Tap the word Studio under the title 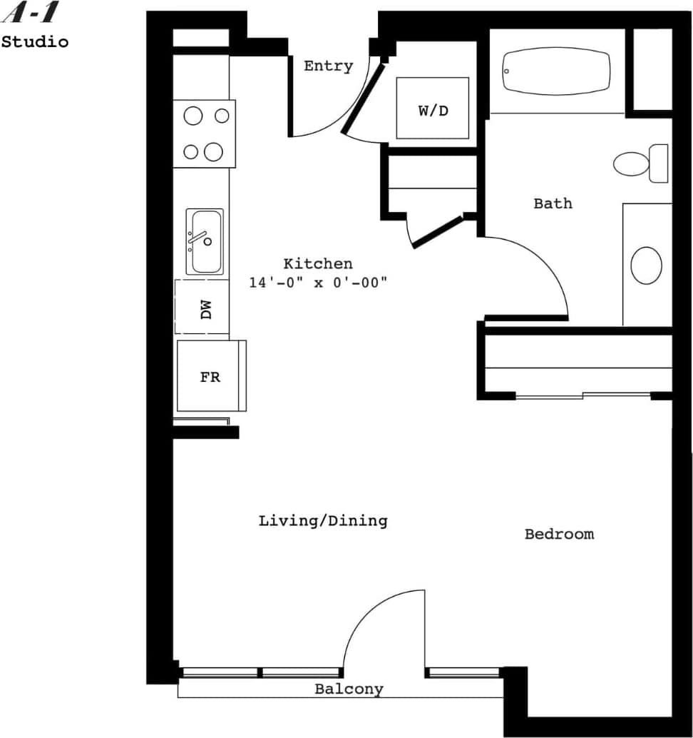point(35,42)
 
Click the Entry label point(328,66)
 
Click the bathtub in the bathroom point(556,71)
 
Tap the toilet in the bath point(640,163)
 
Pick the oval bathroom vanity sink point(646,266)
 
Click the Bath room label point(553,203)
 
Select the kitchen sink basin point(205,241)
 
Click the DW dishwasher point(203,308)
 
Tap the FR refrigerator point(210,377)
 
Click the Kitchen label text point(317,263)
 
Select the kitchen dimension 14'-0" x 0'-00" point(317,283)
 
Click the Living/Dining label point(322,521)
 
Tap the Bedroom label point(559,534)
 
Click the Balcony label point(349,689)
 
